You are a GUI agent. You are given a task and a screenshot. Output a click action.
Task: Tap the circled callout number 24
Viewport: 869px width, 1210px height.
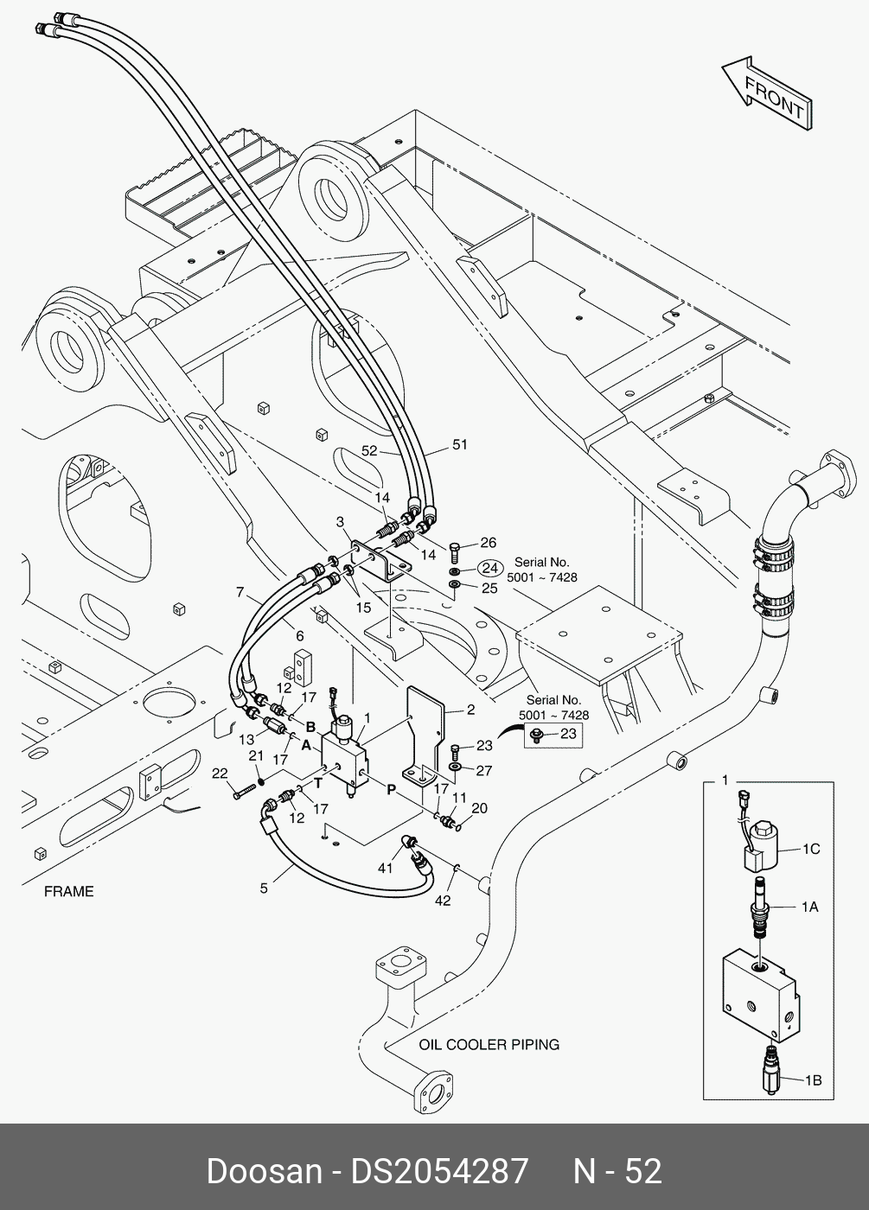click(x=490, y=568)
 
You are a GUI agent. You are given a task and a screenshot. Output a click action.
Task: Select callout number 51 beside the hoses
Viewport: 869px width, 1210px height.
click(x=460, y=445)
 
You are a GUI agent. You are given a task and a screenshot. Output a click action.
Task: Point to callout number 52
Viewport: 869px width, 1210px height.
click(x=370, y=451)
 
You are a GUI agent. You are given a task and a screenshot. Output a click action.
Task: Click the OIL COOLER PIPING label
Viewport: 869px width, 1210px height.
click(x=489, y=1044)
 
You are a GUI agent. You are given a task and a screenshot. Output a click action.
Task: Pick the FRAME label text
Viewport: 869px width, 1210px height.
click(x=68, y=891)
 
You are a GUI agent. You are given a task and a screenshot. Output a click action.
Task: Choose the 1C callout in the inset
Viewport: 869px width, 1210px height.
click(x=810, y=850)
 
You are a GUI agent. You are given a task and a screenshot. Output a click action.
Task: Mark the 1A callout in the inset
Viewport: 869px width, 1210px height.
click(x=809, y=907)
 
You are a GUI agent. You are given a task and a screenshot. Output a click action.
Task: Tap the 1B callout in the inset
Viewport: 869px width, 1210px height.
click(x=813, y=1079)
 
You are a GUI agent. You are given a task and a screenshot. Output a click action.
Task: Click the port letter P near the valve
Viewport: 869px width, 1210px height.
click(x=391, y=788)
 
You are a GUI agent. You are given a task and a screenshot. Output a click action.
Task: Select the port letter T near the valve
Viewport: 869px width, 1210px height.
click(x=318, y=784)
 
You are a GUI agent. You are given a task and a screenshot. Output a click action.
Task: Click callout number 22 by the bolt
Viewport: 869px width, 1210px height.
click(x=220, y=773)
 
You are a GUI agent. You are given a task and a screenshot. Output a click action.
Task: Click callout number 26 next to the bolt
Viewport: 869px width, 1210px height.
click(x=489, y=543)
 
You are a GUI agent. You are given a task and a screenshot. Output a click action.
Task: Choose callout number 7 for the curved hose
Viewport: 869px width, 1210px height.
click(x=240, y=592)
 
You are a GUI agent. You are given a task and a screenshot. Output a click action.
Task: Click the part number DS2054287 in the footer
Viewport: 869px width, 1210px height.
click(x=438, y=1171)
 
